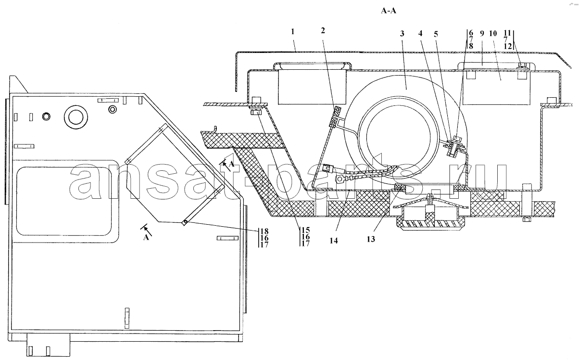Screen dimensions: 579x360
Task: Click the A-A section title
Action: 389,11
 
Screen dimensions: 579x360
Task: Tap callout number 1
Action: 292,32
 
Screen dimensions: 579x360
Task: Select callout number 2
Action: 323,31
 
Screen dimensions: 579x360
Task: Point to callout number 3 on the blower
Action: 402,34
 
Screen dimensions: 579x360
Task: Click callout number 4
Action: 420,33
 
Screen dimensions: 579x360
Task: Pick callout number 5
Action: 436,34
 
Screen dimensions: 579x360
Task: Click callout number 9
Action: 482,34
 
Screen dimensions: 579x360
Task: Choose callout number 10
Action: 493,34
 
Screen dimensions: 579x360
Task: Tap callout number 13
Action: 371,239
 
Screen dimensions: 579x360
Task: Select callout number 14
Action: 334,241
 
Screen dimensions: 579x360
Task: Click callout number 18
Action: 264,231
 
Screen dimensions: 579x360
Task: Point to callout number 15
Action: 305,230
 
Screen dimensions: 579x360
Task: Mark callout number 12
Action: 508,46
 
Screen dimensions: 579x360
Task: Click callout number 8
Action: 471,46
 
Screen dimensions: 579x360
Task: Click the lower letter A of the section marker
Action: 146,237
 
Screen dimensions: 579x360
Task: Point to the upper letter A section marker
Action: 232,164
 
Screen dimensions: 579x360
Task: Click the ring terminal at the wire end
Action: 340,179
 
